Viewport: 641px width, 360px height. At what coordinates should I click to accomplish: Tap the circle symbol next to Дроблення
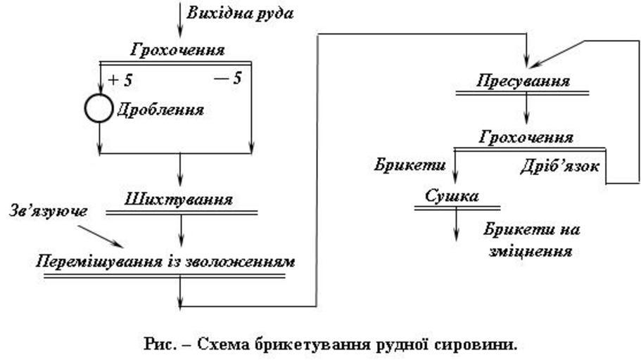click(99, 108)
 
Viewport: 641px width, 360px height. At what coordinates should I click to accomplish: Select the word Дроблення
click(160, 110)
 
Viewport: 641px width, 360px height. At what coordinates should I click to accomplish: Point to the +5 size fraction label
click(120, 80)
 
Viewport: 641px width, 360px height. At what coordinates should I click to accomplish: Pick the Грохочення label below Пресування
click(526, 136)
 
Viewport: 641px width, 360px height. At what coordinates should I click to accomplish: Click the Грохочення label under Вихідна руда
click(178, 50)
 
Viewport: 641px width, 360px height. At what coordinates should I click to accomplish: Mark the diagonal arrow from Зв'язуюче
click(101, 236)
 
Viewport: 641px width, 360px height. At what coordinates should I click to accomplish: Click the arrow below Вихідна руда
click(180, 20)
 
